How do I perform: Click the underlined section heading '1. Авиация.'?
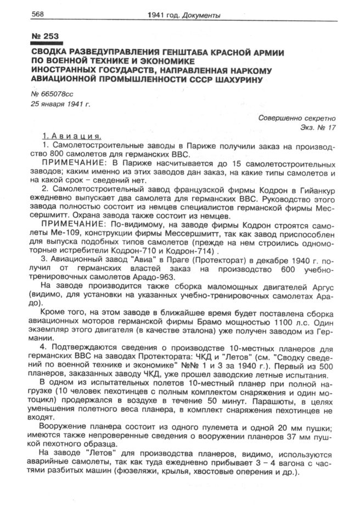72,137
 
